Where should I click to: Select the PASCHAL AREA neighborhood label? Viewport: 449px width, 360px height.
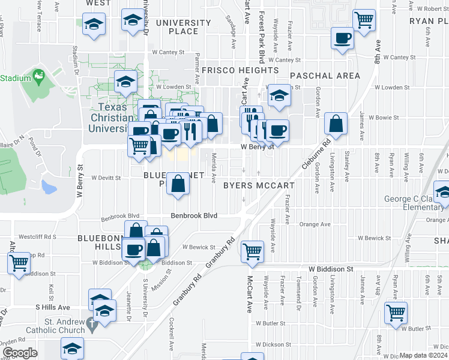(x=325, y=76)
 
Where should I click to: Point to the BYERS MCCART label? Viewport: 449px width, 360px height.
(x=259, y=185)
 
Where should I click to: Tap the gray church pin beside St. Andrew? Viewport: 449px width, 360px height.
(x=91, y=325)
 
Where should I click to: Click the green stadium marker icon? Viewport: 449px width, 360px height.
(x=40, y=76)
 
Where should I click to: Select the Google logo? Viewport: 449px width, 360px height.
(x=20, y=352)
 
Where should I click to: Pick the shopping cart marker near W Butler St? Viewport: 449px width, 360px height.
(x=396, y=312)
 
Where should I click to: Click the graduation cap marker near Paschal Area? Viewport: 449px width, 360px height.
(x=279, y=95)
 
